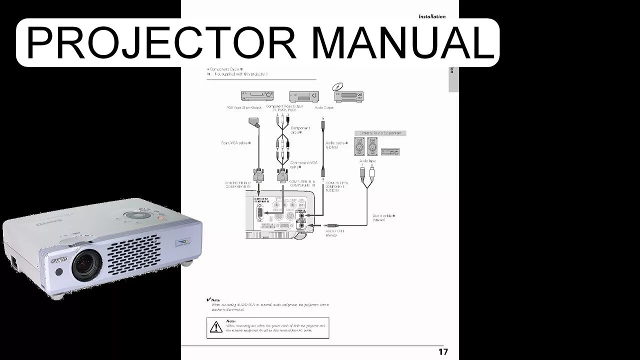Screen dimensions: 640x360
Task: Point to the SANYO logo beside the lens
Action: tap(59, 260)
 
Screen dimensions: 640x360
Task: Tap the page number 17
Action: tap(442, 351)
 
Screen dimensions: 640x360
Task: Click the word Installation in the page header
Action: tap(431, 16)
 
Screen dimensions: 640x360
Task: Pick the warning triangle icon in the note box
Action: tap(215, 327)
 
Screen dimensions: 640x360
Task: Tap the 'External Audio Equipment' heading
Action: tap(380, 133)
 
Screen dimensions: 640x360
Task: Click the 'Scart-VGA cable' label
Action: tap(235, 143)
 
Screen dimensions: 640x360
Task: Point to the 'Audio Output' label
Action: tap(324, 107)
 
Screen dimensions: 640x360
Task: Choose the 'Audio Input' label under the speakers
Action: tap(367, 161)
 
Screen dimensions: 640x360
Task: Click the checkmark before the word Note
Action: tap(208, 299)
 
